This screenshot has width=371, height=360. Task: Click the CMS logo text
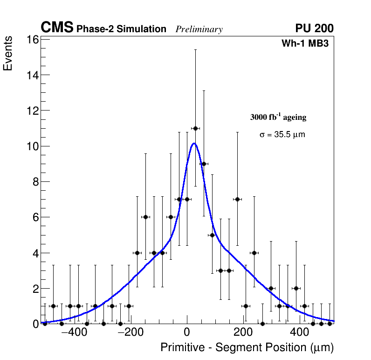coord(57,28)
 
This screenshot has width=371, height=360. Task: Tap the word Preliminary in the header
coord(199,29)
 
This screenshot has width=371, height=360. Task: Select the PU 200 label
coord(314,28)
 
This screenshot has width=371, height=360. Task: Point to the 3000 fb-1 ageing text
coord(278,117)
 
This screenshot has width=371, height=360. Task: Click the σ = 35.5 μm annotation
coord(282,135)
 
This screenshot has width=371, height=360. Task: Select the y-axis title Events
coord(8,55)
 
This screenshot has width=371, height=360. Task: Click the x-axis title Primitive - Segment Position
coord(247,347)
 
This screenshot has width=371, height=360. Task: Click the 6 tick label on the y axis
coord(34,217)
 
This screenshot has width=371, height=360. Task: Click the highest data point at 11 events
coord(195,128)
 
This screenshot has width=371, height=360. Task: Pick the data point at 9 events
coord(204,164)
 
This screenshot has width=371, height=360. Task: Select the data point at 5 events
coord(212,235)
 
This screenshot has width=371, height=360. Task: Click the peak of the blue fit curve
coord(194,144)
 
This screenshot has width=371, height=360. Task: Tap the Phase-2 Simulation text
coord(121,29)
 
